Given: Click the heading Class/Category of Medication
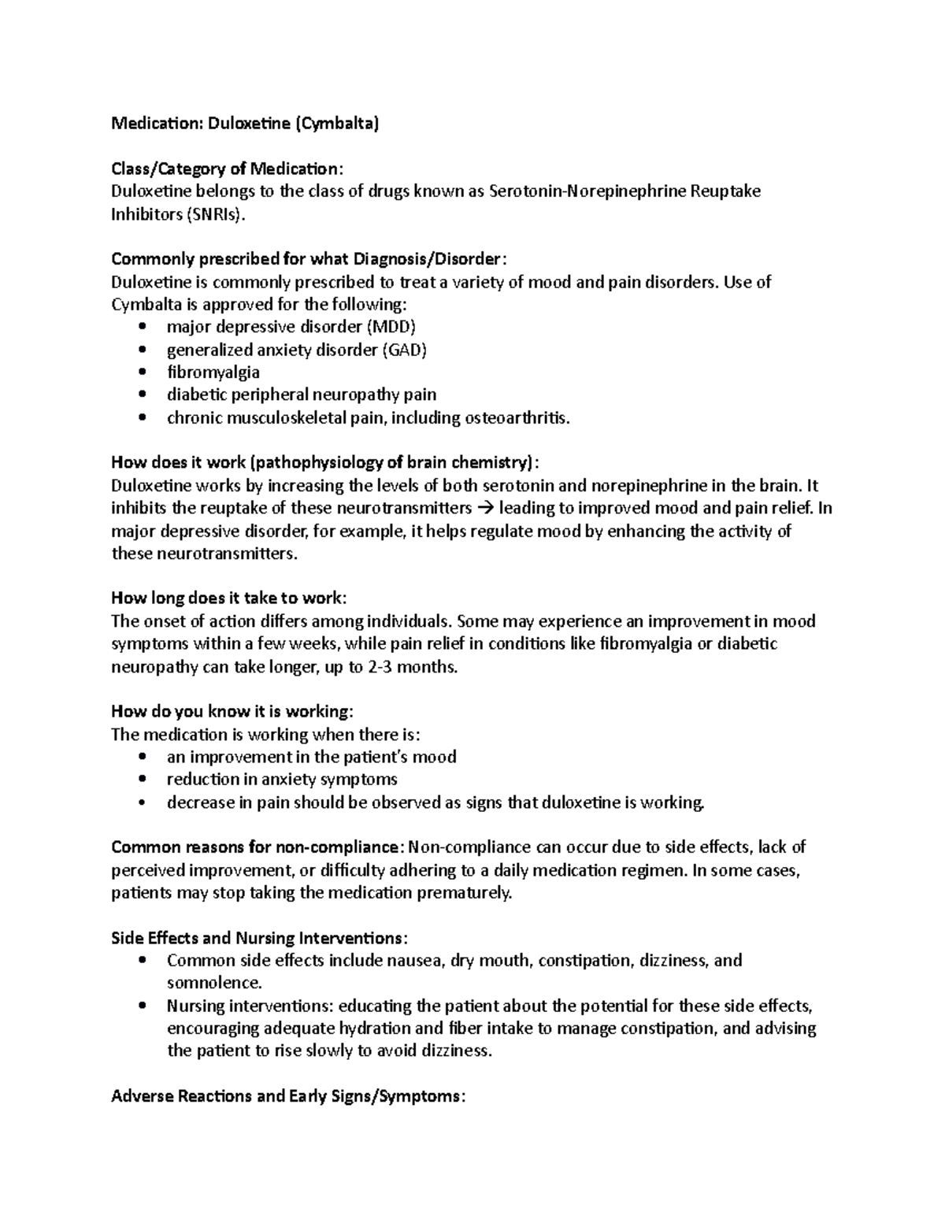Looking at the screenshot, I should click(x=227, y=169).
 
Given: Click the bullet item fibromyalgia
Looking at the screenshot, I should click(x=213, y=372).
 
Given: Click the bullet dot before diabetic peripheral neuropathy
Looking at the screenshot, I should click(x=142, y=395).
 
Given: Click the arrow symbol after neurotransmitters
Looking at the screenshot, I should click(x=486, y=508).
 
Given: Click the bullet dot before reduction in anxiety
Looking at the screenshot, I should click(x=142, y=780).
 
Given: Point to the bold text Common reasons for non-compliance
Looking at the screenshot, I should click(x=257, y=847).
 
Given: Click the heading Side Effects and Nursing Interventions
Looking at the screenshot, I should click(x=259, y=938).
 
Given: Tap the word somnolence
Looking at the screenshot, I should click(x=213, y=983).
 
